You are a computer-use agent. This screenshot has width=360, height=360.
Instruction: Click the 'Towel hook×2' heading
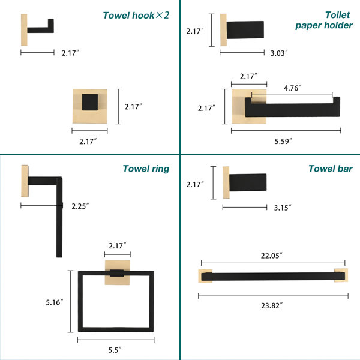tap(136, 16)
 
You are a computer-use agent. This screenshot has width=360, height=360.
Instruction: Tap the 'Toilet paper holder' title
tap(324, 20)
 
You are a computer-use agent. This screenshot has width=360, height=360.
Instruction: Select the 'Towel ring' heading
tap(146, 169)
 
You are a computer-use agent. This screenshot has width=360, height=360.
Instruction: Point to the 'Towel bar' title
tap(331, 169)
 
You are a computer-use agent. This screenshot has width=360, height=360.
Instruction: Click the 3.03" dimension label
tap(279, 53)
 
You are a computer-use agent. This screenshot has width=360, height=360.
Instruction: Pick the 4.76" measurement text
tap(293, 88)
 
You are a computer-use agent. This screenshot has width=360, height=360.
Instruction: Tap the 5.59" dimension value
tap(283, 141)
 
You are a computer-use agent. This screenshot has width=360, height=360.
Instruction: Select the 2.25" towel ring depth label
tap(80, 206)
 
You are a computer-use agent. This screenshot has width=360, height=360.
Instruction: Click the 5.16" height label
tap(55, 302)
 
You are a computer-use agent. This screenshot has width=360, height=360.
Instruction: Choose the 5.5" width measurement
tap(115, 350)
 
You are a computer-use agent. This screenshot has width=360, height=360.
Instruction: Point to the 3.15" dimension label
tap(283, 208)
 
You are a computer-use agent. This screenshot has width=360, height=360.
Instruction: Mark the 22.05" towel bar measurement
tap(272, 256)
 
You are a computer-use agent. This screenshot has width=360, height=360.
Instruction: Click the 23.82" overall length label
tap(272, 305)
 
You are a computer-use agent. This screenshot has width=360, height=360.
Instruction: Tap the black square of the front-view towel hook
tap(90, 102)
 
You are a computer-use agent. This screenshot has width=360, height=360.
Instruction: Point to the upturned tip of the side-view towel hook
tap(51, 23)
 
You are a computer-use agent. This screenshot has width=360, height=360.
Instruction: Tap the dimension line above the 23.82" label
tap(273, 296)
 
